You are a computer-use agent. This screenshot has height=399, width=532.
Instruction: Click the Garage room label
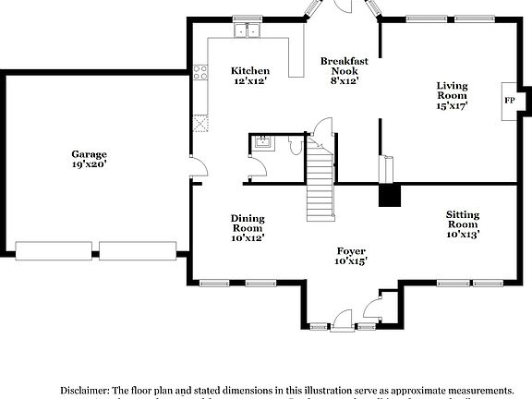coord(90,154)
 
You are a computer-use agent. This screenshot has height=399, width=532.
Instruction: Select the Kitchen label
coord(249,70)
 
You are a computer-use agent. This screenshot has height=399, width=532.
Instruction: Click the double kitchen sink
coord(247,31)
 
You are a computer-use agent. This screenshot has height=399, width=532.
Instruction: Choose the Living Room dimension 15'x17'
coord(452,105)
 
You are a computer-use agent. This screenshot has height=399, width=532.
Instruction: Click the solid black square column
coord(391,195)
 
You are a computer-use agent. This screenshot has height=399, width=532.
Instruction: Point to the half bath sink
coord(261,143)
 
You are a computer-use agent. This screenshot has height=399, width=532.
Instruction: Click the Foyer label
coord(352,250)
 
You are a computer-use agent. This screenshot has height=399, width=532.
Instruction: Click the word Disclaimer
coord(91,391)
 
